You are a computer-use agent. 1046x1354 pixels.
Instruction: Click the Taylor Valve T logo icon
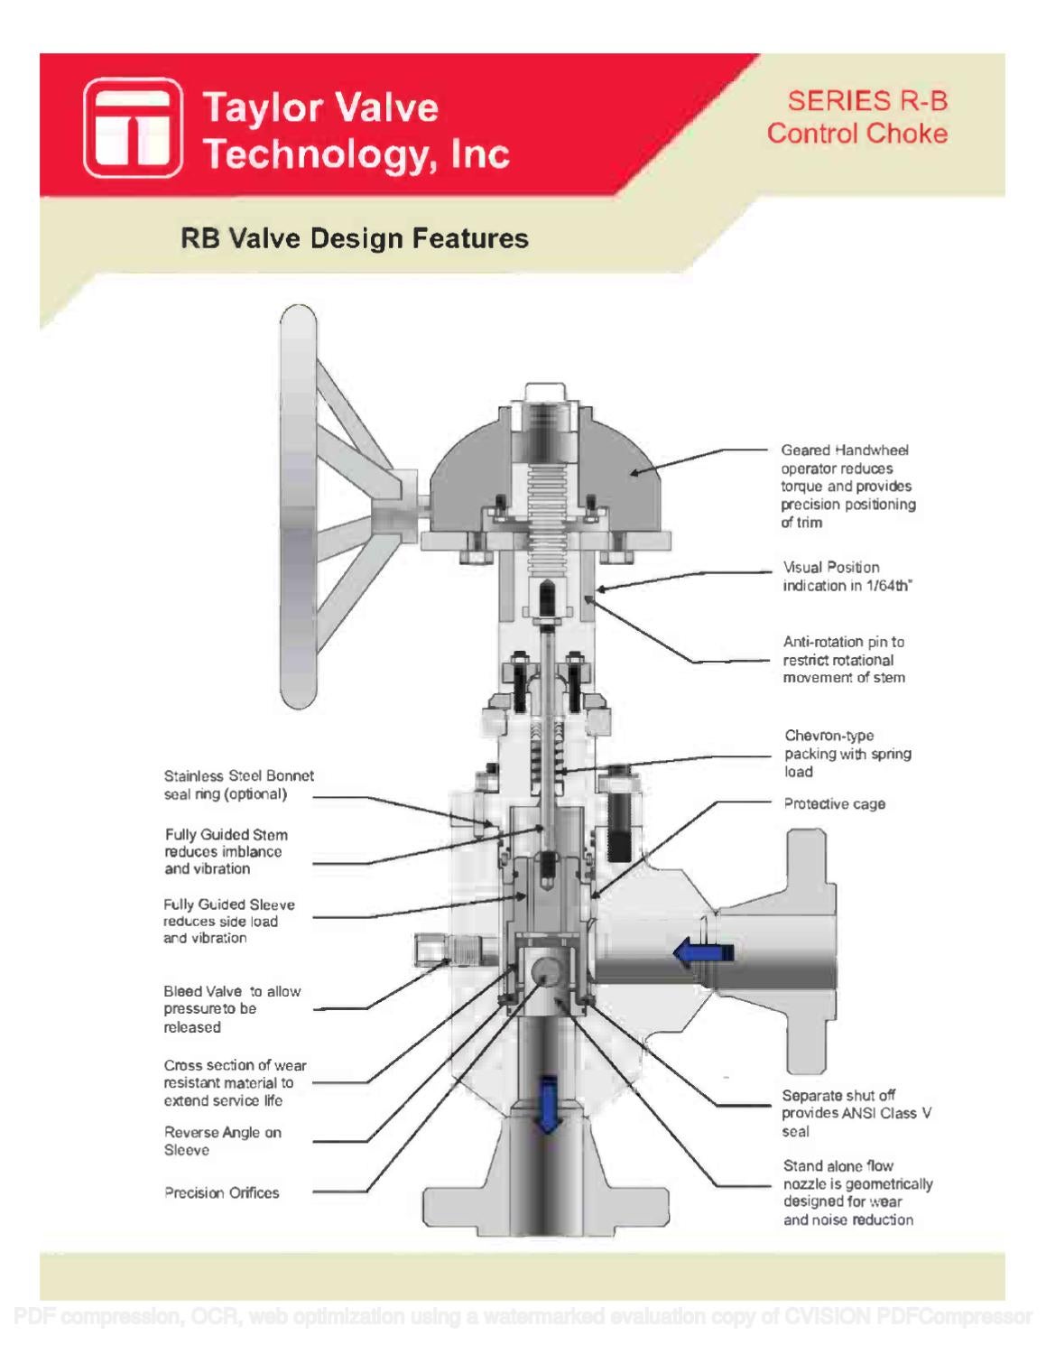134,127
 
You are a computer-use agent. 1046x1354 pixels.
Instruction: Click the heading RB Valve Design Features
354,238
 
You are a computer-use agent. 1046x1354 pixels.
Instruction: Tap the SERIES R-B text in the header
866,101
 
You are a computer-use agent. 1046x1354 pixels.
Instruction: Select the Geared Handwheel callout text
847,486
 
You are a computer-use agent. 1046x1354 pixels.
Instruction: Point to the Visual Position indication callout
847,576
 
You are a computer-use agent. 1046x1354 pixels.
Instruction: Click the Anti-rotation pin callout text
844,659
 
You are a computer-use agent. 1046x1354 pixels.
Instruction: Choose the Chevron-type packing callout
847,753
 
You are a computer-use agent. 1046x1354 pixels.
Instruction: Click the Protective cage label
834,803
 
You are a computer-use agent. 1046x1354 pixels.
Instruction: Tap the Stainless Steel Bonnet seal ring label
238,784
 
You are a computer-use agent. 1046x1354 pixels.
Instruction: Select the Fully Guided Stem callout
226,851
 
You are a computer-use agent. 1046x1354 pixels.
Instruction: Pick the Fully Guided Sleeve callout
228,921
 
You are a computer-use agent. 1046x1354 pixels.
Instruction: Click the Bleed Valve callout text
232,1008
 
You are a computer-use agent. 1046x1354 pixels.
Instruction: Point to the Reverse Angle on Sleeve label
222,1141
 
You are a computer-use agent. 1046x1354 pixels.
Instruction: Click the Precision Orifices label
221,1192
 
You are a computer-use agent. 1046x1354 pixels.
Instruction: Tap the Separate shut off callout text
856,1113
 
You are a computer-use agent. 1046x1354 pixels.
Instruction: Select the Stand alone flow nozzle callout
857,1192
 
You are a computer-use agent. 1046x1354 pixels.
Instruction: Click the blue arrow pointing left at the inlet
703,951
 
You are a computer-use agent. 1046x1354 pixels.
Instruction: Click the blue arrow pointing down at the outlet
546,1103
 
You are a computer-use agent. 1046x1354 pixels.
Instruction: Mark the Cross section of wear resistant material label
235,1082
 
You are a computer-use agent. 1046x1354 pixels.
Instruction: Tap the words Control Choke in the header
856,134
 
